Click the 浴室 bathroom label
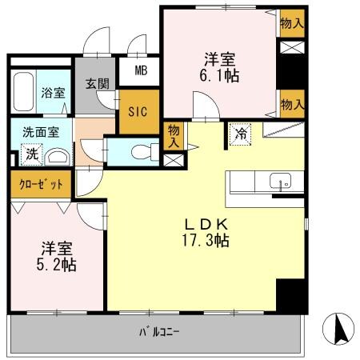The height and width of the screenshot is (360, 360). (x=54, y=93)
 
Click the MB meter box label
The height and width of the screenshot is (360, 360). (x=141, y=70)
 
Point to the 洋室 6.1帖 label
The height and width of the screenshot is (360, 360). (x=220, y=67)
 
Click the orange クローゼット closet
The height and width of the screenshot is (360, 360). (x=40, y=183)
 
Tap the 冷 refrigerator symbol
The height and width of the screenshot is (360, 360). (x=240, y=134)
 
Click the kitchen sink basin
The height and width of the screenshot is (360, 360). (x=281, y=179)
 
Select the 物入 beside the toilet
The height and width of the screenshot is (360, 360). (x=173, y=135)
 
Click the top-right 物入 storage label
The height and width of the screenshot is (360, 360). (x=291, y=23)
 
